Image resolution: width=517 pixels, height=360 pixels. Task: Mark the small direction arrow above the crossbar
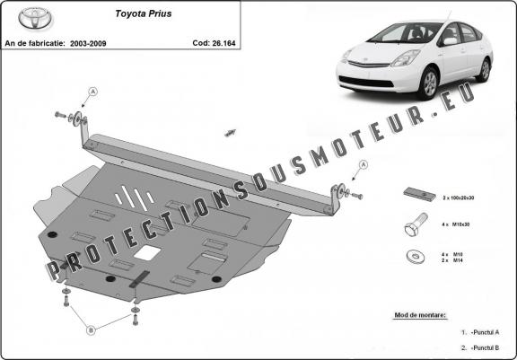click(230, 132)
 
